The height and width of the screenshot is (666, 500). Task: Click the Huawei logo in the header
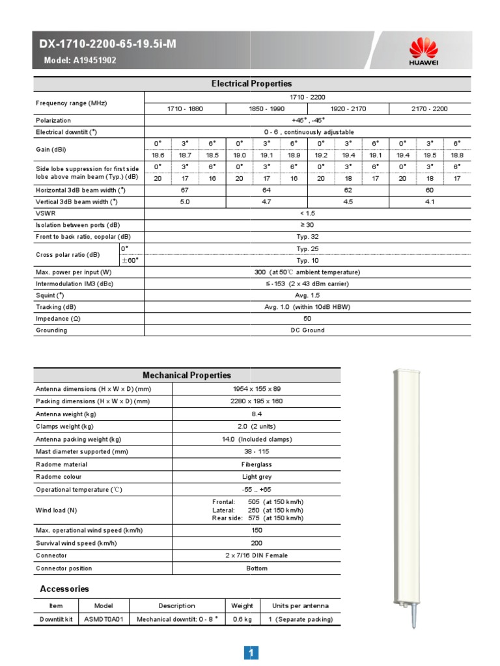click(423, 51)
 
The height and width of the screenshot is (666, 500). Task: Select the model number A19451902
click(94, 60)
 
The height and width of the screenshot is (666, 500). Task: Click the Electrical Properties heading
click(251, 84)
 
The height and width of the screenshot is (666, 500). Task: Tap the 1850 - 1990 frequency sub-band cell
click(266, 109)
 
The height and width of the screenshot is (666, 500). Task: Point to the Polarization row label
click(53, 120)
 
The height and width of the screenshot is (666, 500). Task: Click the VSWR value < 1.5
click(306, 213)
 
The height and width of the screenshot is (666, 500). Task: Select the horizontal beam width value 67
click(184, 190)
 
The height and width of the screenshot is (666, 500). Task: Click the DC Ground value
click(307, 330)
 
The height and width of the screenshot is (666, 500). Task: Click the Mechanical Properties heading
click(186, 375)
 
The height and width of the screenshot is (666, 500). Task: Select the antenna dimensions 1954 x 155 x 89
click(257, 389)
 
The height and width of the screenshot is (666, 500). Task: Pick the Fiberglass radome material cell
click(257, 464)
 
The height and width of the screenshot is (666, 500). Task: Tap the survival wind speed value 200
click(257, 543)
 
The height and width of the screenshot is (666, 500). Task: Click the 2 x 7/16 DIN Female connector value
click(257, 555)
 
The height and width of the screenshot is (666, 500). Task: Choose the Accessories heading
click(64, 589)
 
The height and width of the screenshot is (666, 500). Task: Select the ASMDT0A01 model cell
click(104, 619)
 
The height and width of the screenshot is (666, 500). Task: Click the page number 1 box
click(251, 652)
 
